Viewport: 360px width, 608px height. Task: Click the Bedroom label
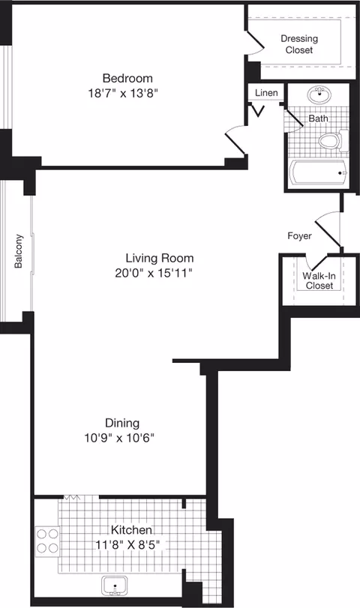pyautogui.click(x=127, y=78)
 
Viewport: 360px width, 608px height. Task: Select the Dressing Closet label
pyautogui.click(x=299, y=44)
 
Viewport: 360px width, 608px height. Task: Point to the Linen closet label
pyautogui.click(x=266, y=93)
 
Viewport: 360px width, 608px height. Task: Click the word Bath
pyautogui.click(x=318, y=118)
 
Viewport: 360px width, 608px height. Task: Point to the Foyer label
pyautogui.click(x=300, y=235)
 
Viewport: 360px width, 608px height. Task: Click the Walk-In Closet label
pyautogui.click(x=318, y=280)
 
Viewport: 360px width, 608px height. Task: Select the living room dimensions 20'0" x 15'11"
pyautogui.click(x=149, y=273)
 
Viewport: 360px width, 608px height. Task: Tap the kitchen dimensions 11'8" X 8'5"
pyautogui.click(x=126, y=544)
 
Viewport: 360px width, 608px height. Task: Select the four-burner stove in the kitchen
pyautogui.click(x=48, y=541)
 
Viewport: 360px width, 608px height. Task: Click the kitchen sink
pyautogui.click(x=115, y=586)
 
